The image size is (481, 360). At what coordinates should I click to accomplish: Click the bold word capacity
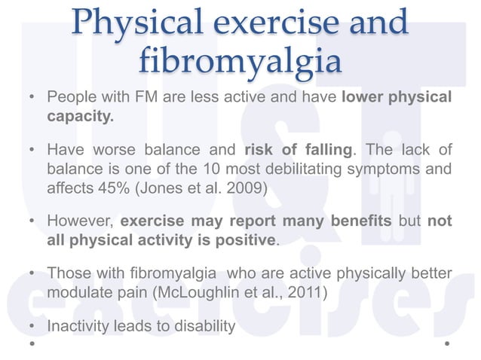coord(81,117)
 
